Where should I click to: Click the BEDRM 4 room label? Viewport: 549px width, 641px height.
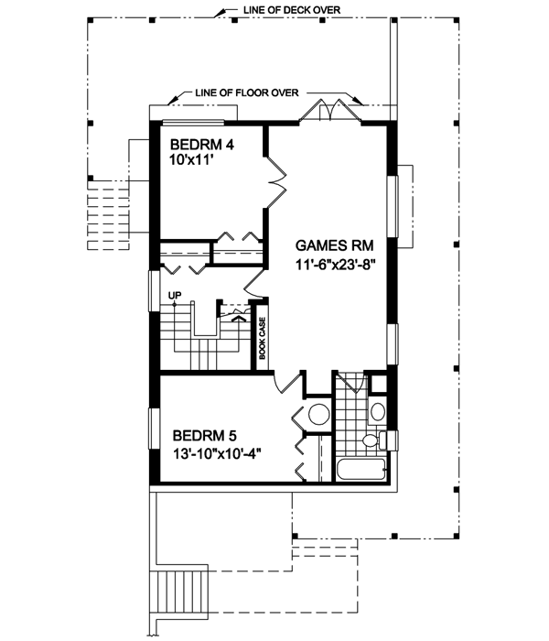point(202,145)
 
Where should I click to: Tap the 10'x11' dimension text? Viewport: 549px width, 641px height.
point(191,160)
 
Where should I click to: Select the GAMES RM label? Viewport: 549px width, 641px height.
point(334,245)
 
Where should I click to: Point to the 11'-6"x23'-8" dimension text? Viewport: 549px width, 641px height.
point(335,265)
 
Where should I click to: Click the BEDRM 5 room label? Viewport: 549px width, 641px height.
point(204,436)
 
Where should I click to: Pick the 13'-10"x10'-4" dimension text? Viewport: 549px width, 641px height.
point(217,454)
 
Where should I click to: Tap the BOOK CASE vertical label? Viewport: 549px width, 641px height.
point(263,339)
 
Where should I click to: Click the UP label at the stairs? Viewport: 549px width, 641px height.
point(175,295)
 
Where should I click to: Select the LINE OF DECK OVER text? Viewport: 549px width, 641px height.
point(292,10)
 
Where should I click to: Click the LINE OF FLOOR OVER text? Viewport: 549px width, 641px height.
point(247,92)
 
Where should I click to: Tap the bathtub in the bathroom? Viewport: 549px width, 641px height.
point(362,469)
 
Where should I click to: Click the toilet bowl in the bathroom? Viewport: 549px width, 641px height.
point(371,440)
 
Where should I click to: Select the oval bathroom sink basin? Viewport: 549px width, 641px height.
point(377,411)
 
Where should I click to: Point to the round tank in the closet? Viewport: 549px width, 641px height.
point(319,414)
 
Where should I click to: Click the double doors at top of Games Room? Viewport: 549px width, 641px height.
point(330,111)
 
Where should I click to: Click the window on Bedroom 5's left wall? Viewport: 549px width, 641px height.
point(155,429)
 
